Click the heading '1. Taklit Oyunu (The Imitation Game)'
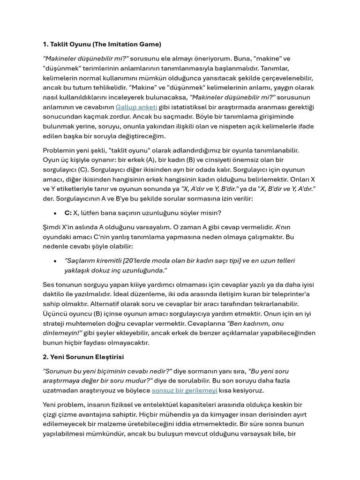[x=102, y=44]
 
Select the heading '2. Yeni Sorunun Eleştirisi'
[x=83, y=357]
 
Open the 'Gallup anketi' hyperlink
[x=136, y=107]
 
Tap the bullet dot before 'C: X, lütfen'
[x=55, y=213]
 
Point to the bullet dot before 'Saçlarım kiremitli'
[x=55, y=261]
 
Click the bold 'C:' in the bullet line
[x=68, y=213]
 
